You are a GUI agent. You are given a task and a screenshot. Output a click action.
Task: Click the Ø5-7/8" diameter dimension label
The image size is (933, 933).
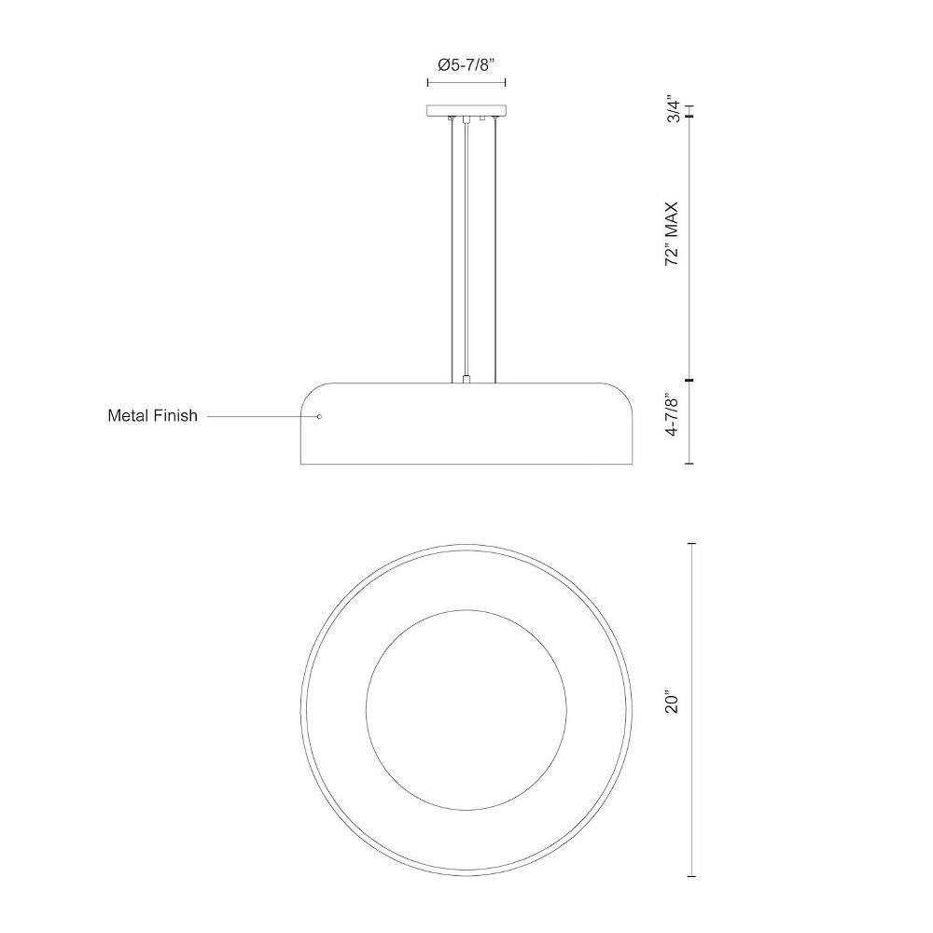tap(466, 65)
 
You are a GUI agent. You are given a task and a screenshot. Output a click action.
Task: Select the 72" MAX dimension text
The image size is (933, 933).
tap(673, 234)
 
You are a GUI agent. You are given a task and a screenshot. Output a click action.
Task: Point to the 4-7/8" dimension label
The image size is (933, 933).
tap(673, 415)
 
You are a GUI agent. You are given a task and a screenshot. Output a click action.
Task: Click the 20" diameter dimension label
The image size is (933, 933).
tap(673, 703)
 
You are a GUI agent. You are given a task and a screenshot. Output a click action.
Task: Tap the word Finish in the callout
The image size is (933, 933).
tap(175, 415)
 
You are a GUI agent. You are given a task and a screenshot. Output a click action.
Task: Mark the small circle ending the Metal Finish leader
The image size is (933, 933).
tap(319, 416)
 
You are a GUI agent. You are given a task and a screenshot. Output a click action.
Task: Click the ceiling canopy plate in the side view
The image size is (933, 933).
tap(466, 110)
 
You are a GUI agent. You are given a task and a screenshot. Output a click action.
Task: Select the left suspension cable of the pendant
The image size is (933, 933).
tap(453, 250)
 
